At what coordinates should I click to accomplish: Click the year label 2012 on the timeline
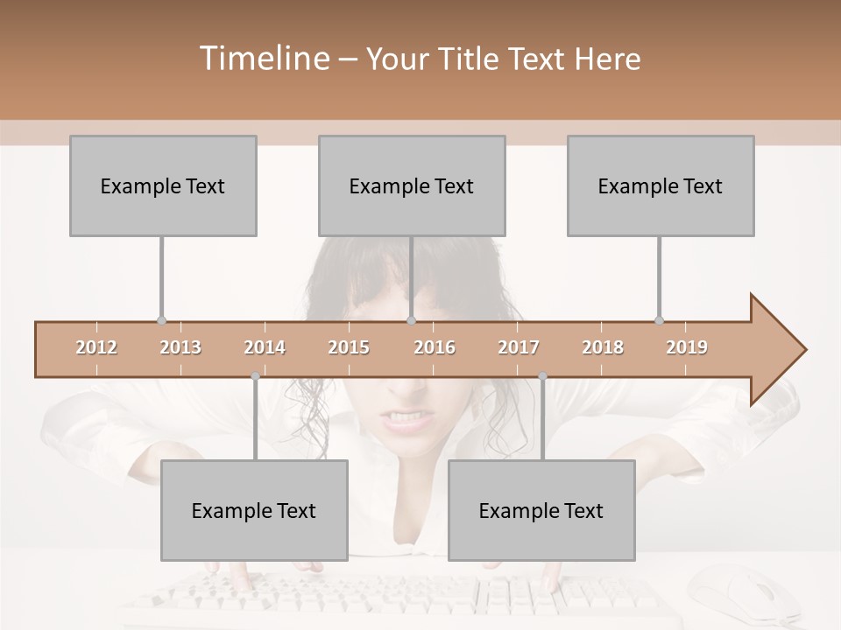(96, 347)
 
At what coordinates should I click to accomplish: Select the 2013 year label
(180, 347)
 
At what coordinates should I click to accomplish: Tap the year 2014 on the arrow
(265, 347)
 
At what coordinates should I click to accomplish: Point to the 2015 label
(349, 347)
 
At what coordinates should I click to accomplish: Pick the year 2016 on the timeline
(435, 347)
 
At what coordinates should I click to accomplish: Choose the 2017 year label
(519, 347)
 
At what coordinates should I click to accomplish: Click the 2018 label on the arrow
(603, 347)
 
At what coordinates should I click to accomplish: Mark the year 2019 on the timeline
(687, 347)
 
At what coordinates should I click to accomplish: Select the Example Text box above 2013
(163, 185)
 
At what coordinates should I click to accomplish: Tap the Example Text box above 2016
(412, 185)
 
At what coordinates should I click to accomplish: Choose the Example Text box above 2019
(661, 185)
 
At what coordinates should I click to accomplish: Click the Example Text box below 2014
(254, 510)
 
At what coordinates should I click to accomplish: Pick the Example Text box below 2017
(541, 510)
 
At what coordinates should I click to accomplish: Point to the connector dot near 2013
(161, 320)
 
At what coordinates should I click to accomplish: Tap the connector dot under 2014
(255, 376)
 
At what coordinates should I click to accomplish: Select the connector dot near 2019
(659, 320)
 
